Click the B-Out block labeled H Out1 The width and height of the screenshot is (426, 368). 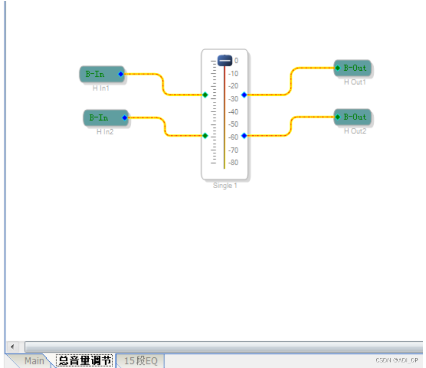[353, 68]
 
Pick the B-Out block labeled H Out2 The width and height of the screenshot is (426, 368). [353, 117]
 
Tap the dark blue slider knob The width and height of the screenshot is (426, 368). [225, 60]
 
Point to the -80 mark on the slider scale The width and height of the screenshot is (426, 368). [233, 163]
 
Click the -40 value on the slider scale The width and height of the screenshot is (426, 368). [233, 112]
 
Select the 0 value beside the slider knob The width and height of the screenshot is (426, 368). [236, 60]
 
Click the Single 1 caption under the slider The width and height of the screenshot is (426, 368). [225, 186]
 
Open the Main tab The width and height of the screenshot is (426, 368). [34, 361]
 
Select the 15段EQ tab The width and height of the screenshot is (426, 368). [140, 361]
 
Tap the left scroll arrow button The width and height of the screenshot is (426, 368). [12, 346]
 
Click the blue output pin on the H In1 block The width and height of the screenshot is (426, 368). [121, 74]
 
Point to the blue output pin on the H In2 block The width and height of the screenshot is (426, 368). [125, 118]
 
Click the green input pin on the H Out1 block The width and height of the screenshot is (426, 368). [337, 68]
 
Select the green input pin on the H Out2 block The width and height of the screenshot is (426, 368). [337, 117]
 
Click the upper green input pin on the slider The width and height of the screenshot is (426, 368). [205, 95]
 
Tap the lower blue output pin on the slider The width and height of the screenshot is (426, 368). [244, 135]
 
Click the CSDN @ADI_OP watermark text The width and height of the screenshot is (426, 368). [397, 360]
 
